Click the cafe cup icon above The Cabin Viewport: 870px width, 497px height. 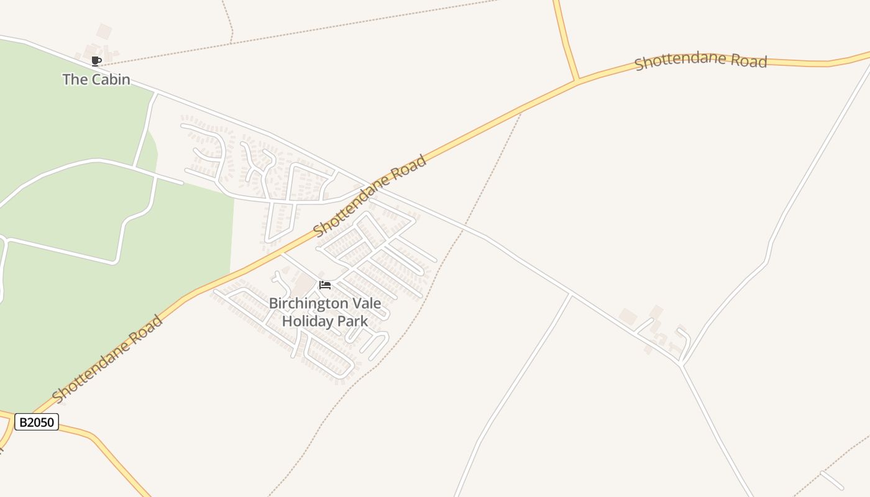point(96,61)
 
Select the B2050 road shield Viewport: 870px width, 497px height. point(37,422)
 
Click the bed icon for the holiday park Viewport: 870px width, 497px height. point(325,285)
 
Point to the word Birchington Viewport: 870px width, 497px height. point(308,304)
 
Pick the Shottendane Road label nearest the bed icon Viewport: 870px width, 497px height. point(370,196)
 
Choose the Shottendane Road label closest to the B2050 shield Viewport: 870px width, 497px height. point(108,359)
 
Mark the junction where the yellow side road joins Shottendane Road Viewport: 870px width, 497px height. point(577,81)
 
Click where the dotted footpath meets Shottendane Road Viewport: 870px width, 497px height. point(521,112)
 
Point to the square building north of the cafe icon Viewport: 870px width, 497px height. point(104,31)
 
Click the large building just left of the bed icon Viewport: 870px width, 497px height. point(304,285)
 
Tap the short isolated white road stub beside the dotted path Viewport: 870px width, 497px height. point(831,480)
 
